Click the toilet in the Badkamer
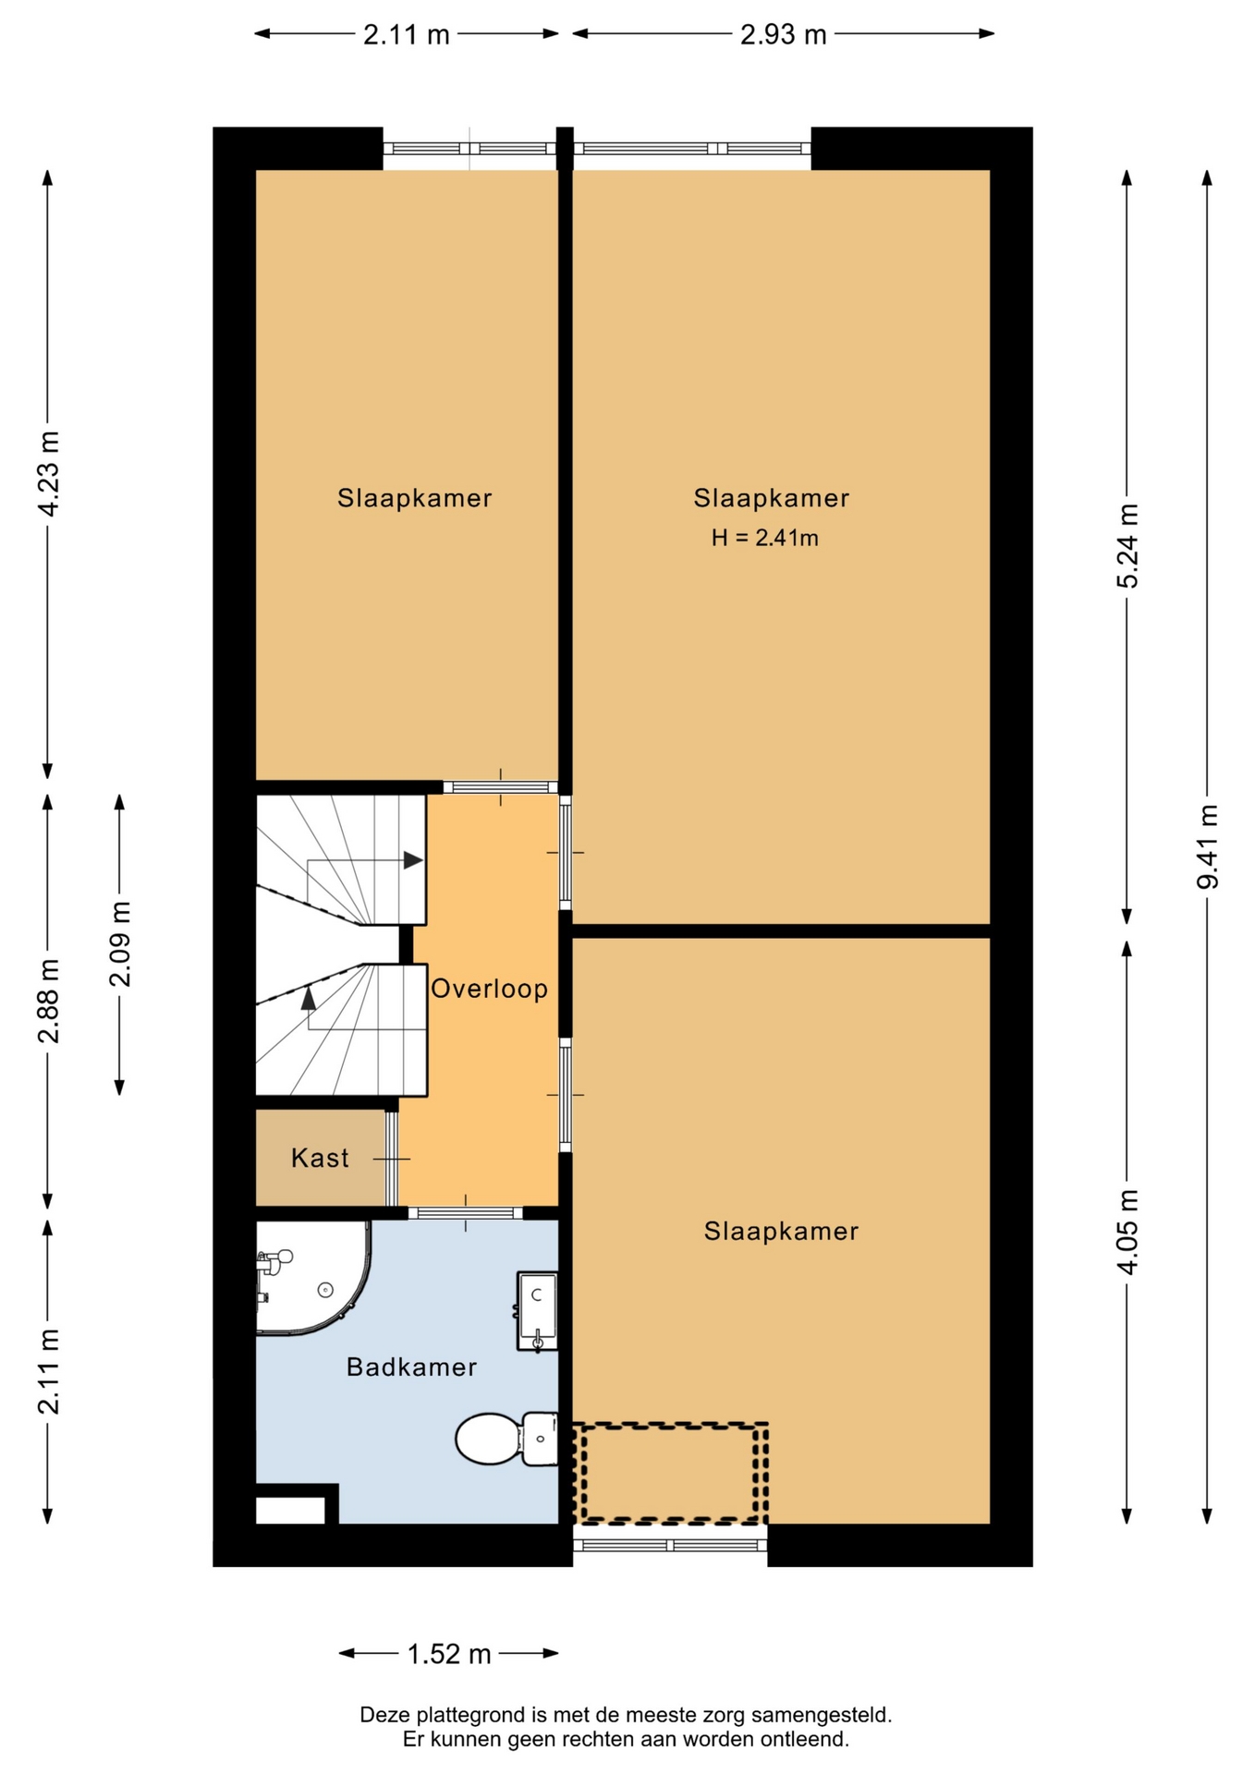click(x=506, y=1439)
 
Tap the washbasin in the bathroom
click(x=537, y=1310)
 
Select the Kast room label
click(x=320, y=1158)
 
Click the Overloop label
click(x=489, y=989)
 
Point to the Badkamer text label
click(x=411, y=1367)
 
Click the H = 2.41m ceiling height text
click(x=764, y=538)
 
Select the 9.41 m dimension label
click(x=1208, y=846)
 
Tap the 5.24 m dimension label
click(x=1127, y=546)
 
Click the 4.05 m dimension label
click(x=1127, y=1233)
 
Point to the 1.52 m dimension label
click(x=449, y=1653)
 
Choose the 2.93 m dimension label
click(x=783, y=34)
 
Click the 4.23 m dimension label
click(x=48, y=473)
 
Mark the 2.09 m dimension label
click(x=120, y=943)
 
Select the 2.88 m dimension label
click(x=48, y=1001)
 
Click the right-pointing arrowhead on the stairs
click(x=413, y=860)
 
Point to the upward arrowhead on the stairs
click(x=308, y=999)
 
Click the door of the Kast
click(x=392, y=1158)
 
